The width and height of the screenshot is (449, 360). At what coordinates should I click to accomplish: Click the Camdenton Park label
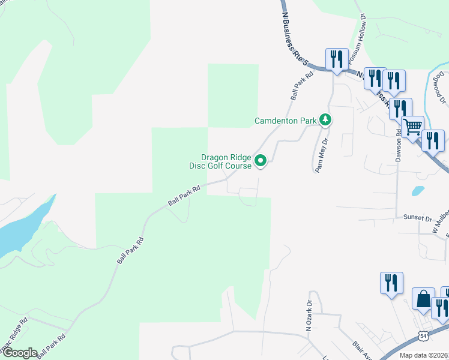click(x=285, y=121)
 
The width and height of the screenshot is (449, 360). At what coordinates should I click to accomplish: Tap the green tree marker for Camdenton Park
click(x=325, y=120)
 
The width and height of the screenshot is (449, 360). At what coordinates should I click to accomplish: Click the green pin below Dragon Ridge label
click(x=261, y=161)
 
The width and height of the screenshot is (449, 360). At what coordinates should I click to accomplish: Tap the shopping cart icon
click(x=412, y=127)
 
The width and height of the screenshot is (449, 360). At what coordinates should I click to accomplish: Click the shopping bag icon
click(x=424, y=299)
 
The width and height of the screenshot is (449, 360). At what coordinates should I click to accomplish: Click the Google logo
click(x=19, y=353)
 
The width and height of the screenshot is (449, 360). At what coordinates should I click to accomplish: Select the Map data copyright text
click(x=424, y=355)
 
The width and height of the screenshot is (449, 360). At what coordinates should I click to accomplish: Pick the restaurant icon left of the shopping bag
click(x=391, y=283)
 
